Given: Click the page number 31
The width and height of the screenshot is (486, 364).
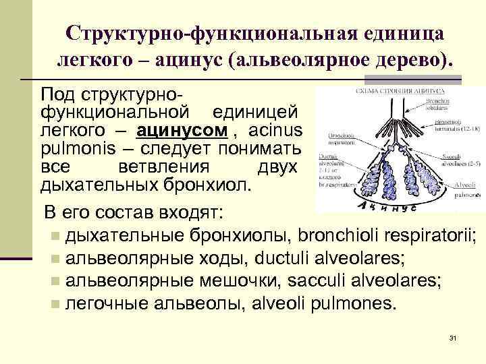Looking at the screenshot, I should click(x=453, y=338).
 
